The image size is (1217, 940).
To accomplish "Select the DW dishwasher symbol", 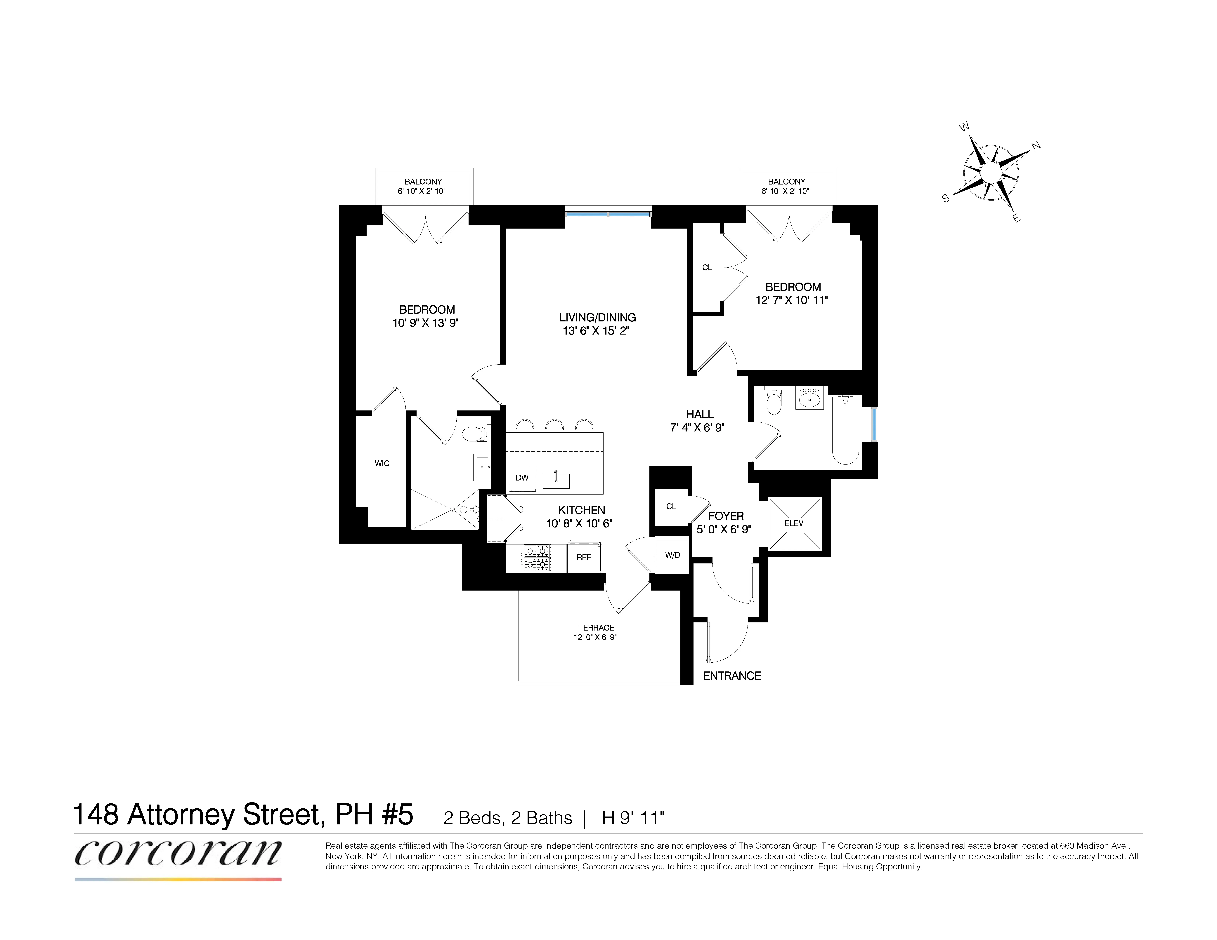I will [x=522, y=478].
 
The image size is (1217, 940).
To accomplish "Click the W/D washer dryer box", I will [x=672, y=555].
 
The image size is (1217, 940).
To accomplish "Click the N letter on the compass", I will [x=1036, y=146].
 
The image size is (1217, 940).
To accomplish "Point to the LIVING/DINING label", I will [x=597, y=317].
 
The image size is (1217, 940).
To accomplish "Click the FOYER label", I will [x=726, y=516].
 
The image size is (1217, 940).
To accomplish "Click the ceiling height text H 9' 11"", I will [x=633, y=818].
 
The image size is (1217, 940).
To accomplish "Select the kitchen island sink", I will [x=556, y=480].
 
